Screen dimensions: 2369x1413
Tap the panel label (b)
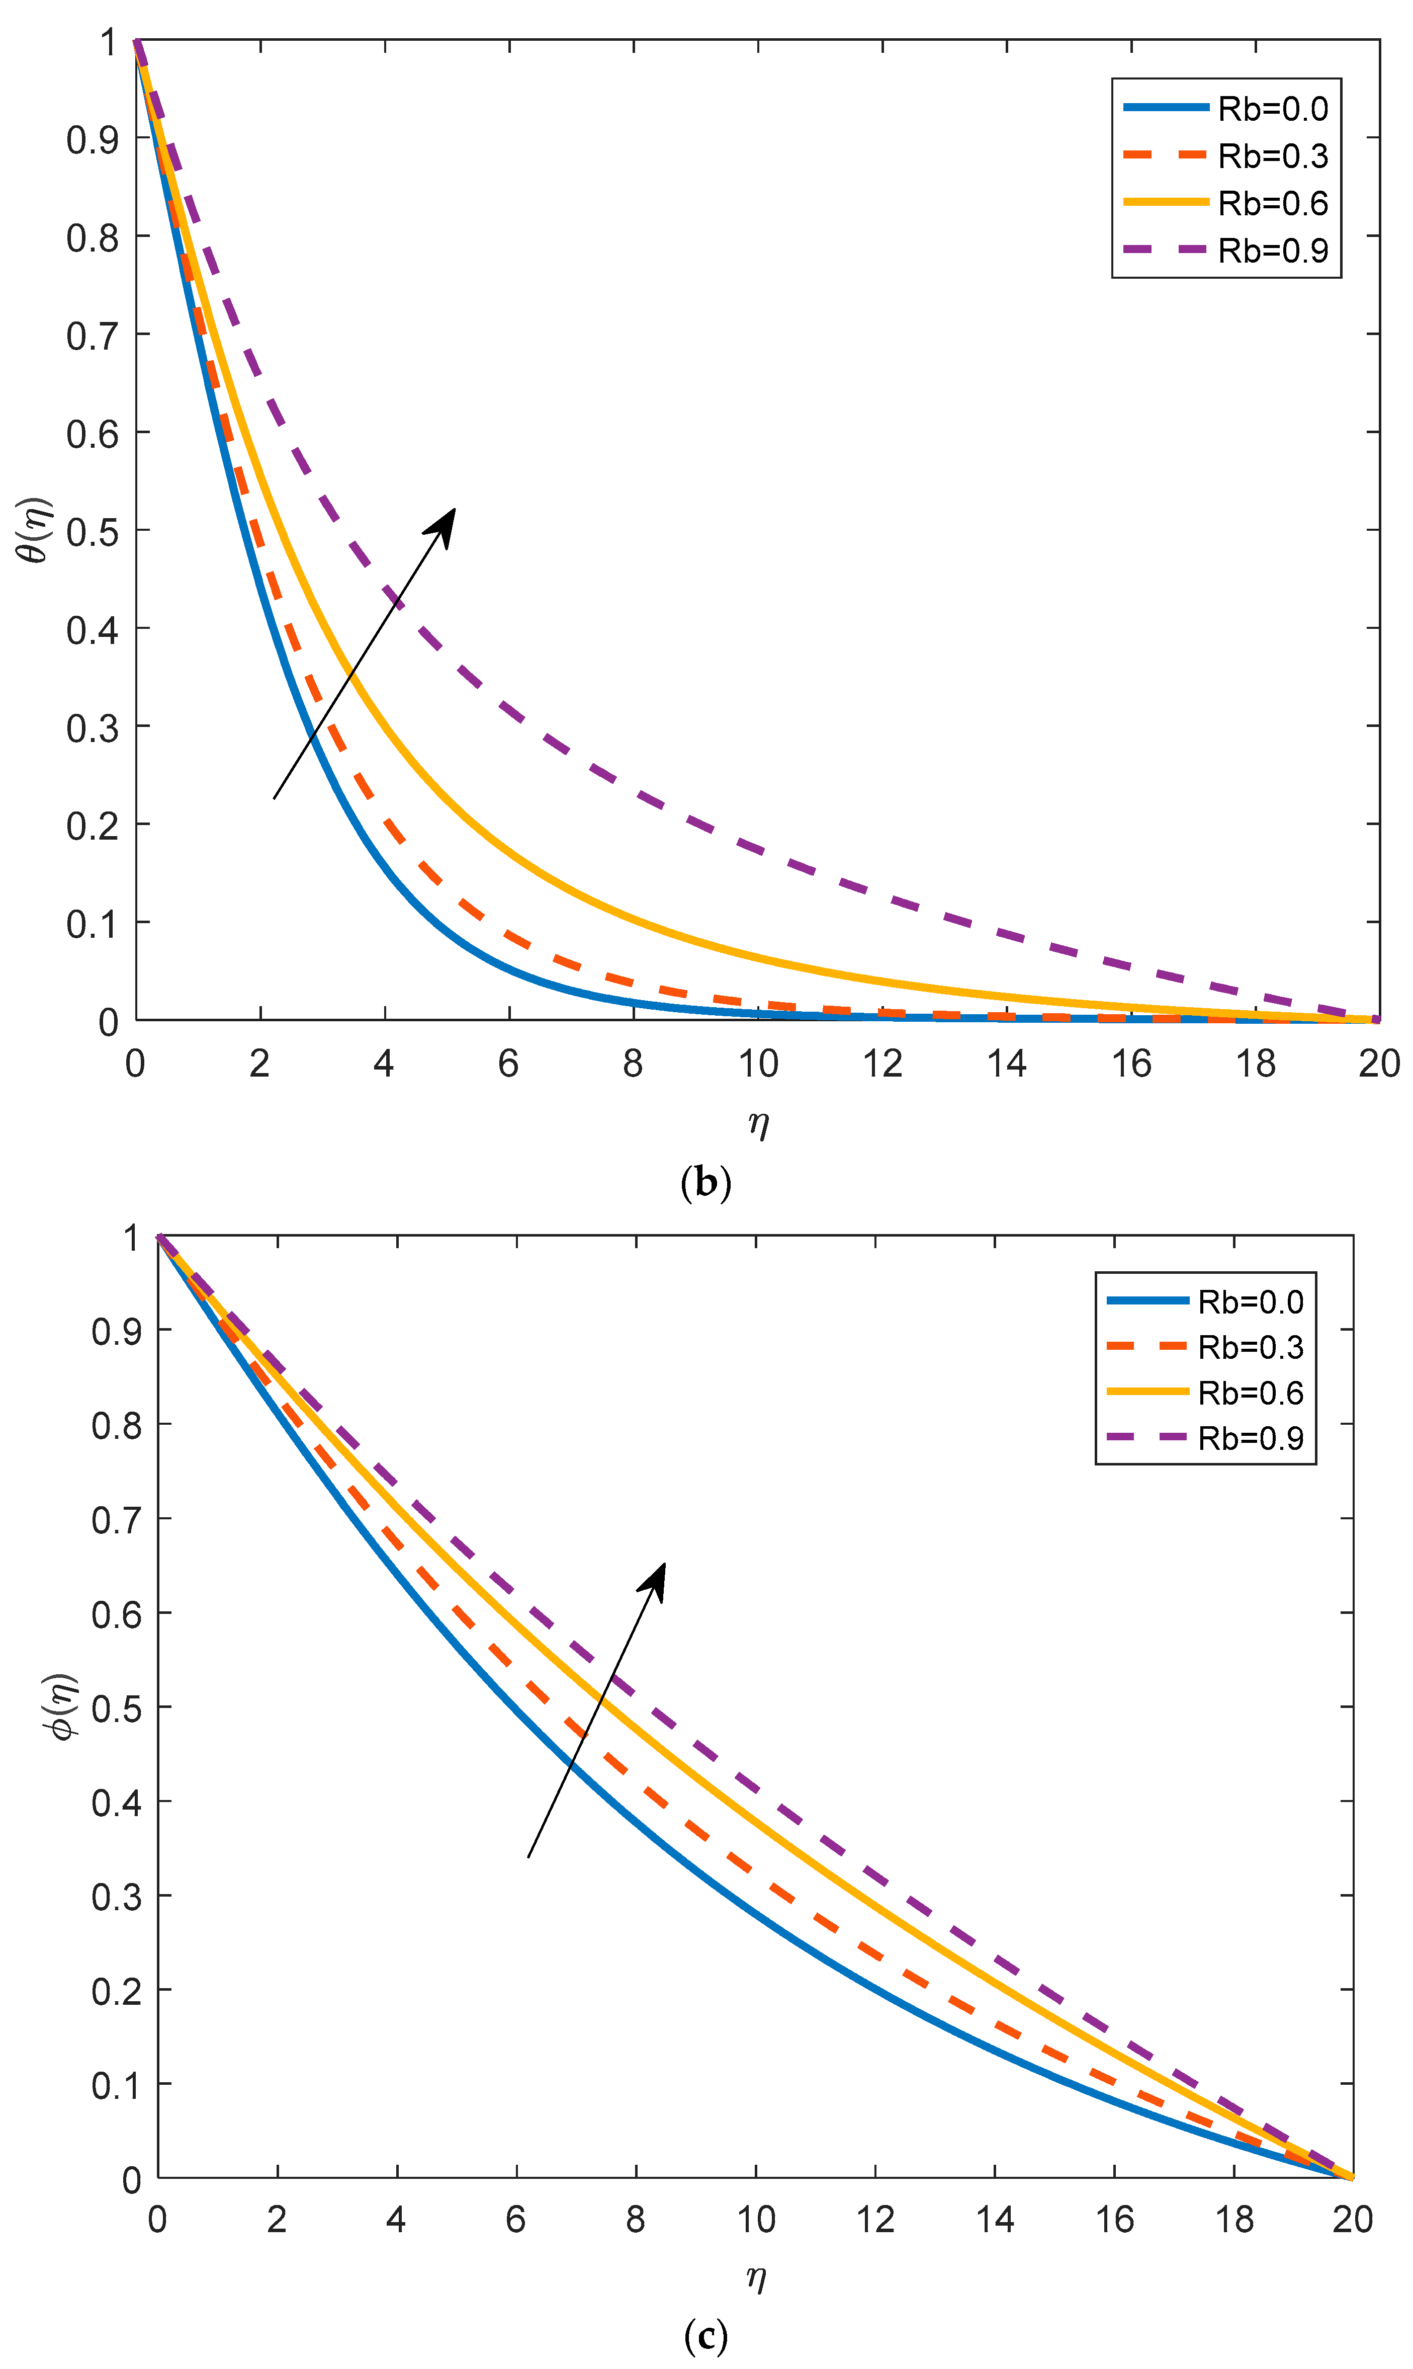(x=705, y=1182)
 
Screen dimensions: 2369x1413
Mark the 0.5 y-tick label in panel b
(x=93, y=531)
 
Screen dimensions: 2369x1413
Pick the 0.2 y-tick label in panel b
(x=93, y=825)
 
